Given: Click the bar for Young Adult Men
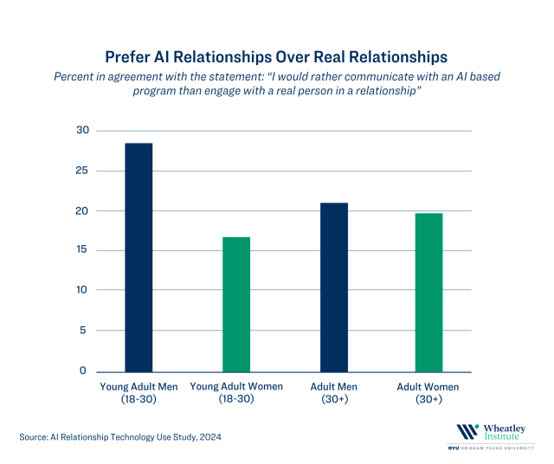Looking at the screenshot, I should click(138, 257).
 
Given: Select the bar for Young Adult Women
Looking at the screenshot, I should click(236, 304).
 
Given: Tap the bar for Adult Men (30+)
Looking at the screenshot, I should click(334, 287).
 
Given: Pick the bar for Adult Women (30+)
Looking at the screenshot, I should click(428, 292).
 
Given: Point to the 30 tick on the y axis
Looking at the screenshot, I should click(82, 131).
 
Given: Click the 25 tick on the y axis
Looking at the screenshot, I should click(82, 171).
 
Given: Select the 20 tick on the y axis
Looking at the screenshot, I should click(82, 210).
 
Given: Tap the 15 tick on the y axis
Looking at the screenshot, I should click(82, 250).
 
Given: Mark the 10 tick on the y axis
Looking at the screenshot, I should click(82, 290).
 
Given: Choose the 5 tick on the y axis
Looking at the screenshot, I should click(84, 330).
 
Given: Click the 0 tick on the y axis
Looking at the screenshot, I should click(84, 371).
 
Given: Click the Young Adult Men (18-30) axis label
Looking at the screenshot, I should click(138, 392).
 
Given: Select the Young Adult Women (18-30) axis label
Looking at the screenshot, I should click(236, 392).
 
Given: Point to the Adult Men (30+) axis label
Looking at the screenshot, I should click(334, 392).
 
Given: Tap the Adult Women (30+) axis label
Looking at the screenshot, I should click(428, 392).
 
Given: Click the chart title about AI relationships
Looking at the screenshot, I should click(276, 57).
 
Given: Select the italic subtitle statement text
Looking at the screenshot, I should click(276, 83).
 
